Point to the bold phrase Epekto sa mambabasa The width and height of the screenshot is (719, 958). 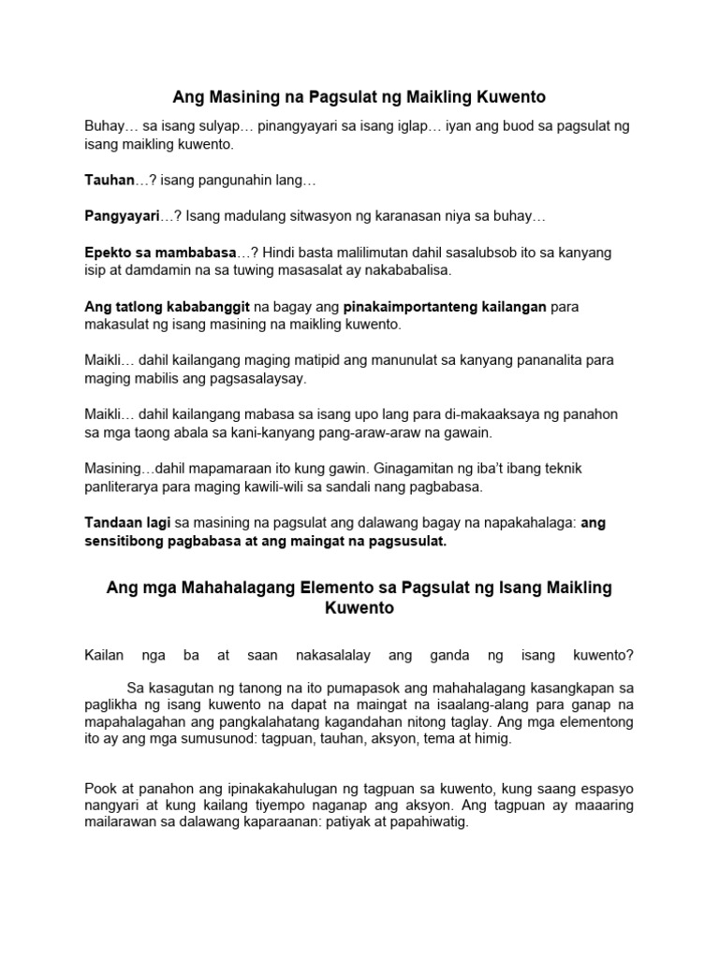pyautogui.click(x=160, y=252)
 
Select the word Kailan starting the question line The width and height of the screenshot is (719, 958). pyautogui.click(x=105, y=655)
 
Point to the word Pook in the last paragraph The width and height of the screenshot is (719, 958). pyautogui.click(x=101, y=788)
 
